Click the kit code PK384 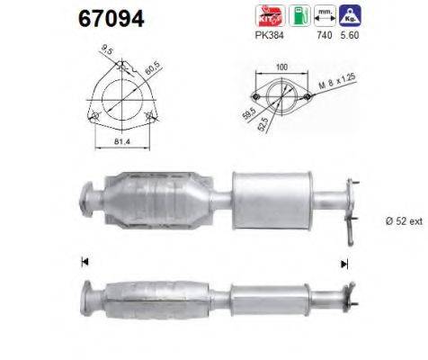269,40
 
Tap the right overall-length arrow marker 343,264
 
